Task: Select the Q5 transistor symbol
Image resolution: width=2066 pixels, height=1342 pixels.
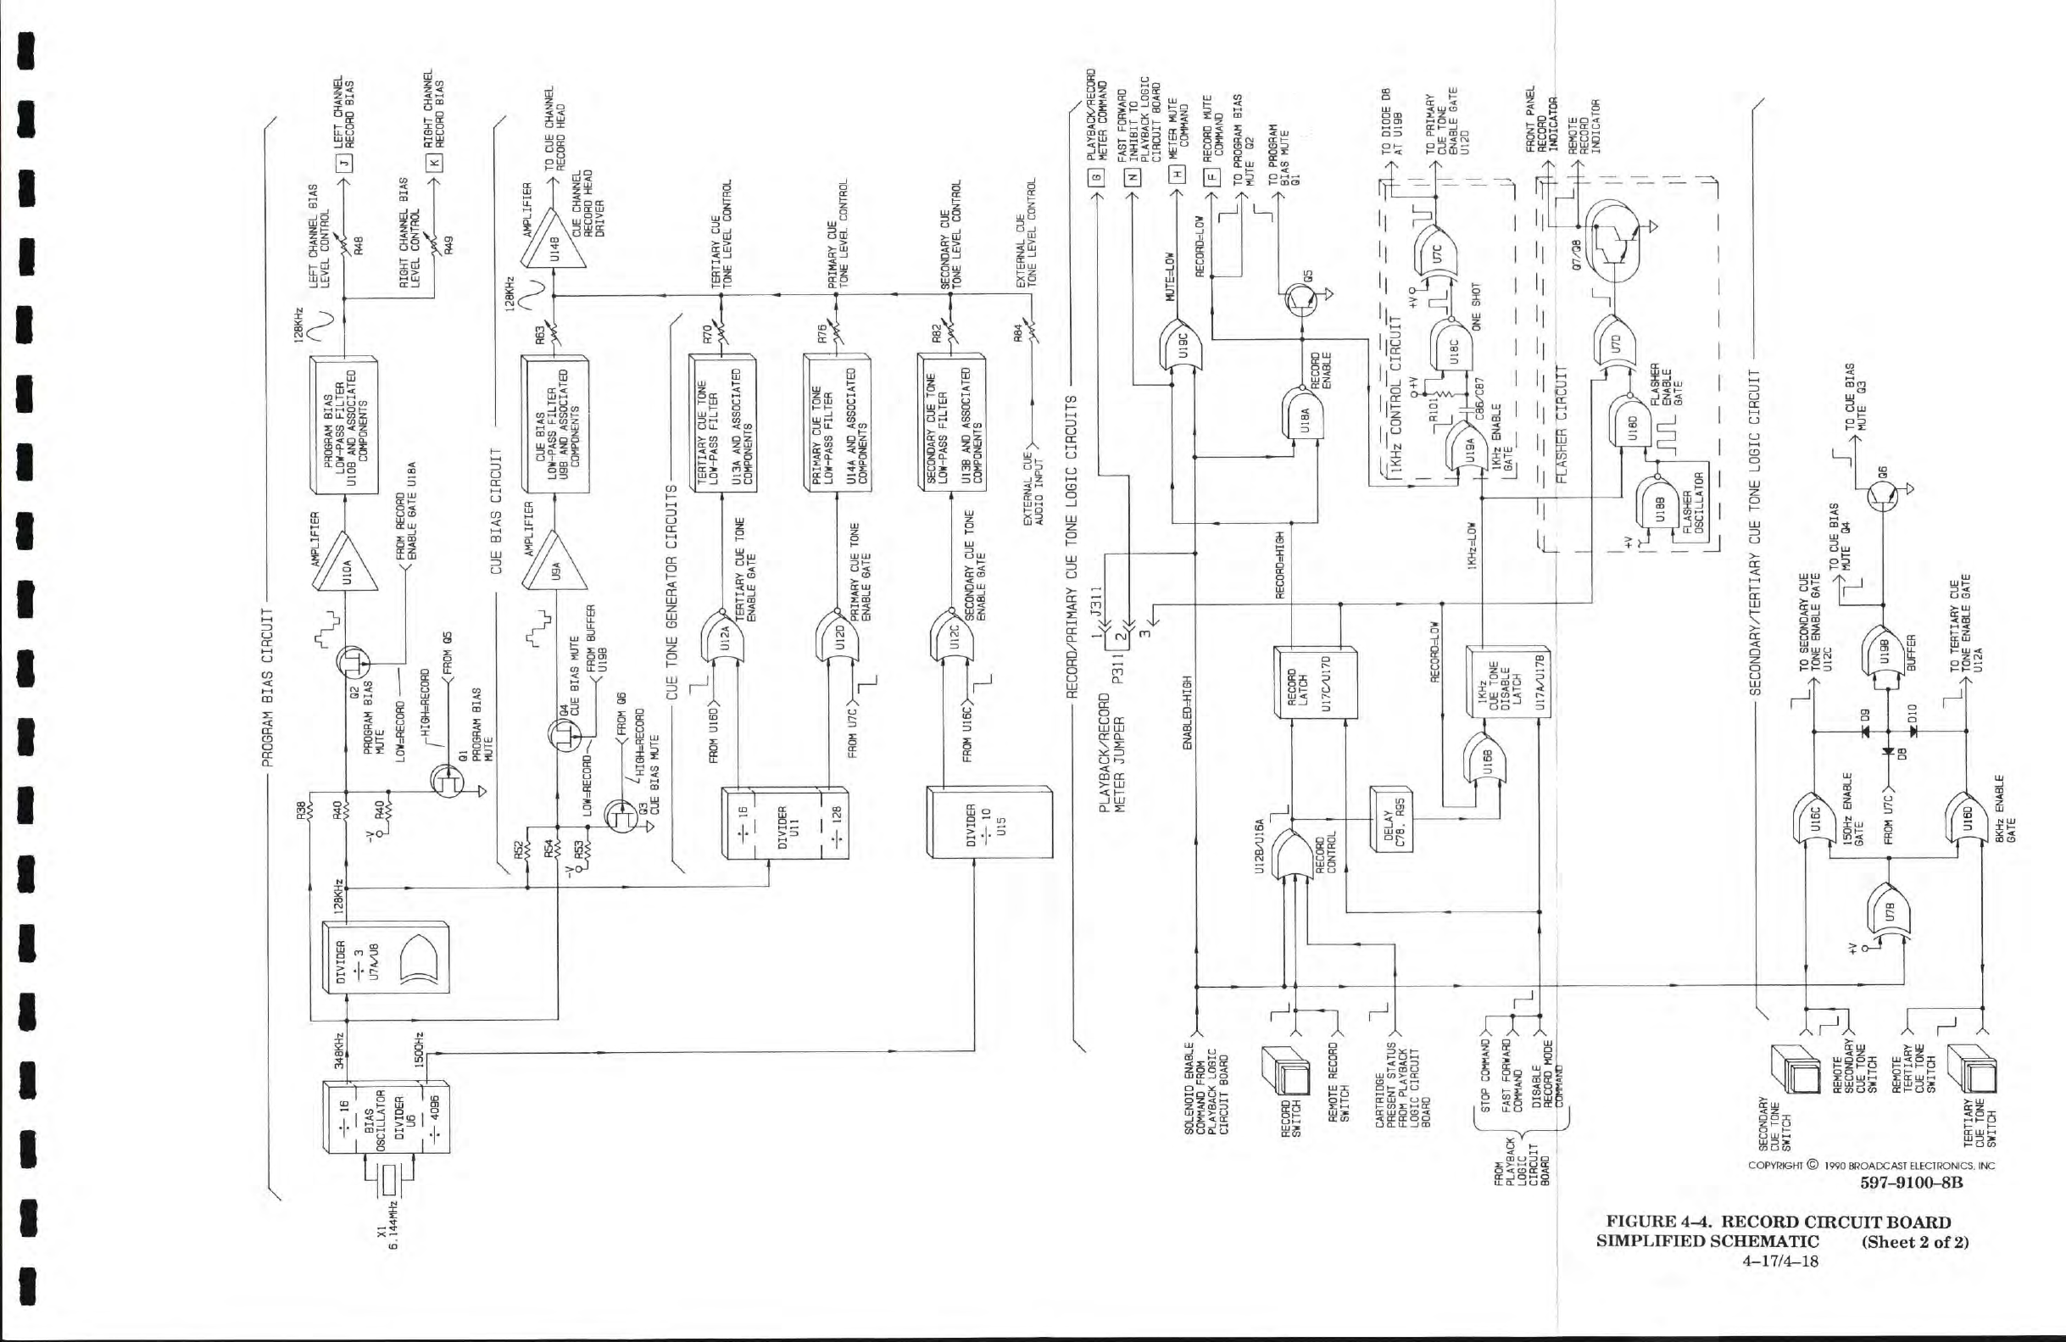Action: point(1301,299)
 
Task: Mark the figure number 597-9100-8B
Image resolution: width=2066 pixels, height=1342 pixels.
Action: point(1911,1183)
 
